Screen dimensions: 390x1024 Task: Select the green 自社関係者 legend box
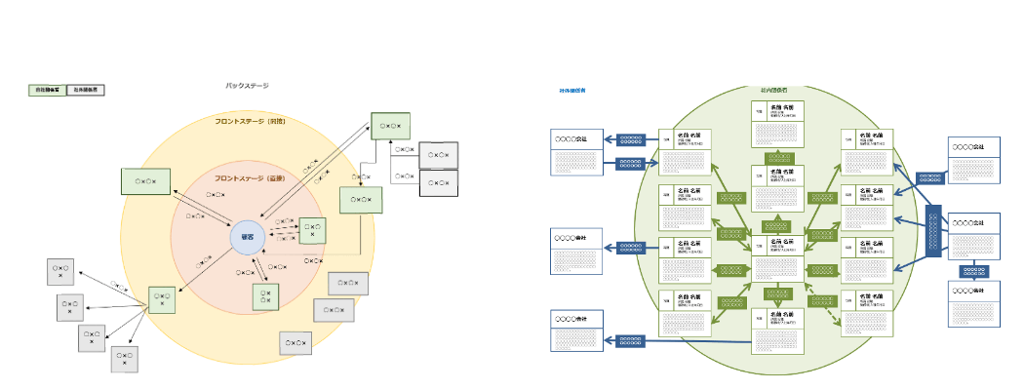pyautogui.click(x=47, y=90)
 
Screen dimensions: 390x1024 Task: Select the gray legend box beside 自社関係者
pyautogui.click(x=87, y=90)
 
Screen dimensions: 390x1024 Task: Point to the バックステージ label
pyautogui.click(x=247, y=87)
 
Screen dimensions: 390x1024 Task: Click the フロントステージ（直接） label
pyautogui.click(x=249, y=178)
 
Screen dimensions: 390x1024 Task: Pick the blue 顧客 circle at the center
pyautogui.click(x=248, y=237)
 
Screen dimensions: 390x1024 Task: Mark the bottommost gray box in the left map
pyautogui.click(x=125, y=360)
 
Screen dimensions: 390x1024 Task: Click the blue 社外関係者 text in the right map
pyautogui.click(x=572, y=90)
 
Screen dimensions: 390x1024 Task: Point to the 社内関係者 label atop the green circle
pyautogui.click(x=775, y=90)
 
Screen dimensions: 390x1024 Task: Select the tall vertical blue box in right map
pyautogui.click(x=933, y=231)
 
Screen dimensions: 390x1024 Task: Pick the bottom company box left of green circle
pyautogui.click(x=575, y=331)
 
